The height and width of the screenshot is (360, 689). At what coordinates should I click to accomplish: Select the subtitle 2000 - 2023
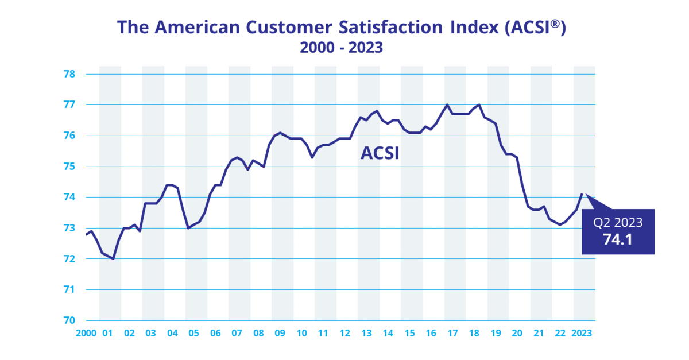coord(341,49)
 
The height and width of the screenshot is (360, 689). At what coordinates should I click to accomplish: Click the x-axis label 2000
coord(87,333)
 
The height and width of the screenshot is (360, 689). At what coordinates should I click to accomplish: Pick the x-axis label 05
coord(193,333)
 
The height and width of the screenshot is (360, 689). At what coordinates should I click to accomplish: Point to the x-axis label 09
coord(280,333)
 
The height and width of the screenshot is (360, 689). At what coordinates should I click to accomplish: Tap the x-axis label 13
coord(366,333)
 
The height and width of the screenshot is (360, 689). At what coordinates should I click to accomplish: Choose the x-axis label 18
coord(474,333)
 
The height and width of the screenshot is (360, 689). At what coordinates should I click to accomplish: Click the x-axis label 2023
coord(580,333)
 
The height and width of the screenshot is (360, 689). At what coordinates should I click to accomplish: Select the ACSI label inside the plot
coord(380,153)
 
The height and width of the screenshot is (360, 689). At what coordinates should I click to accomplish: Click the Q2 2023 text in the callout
coord(618,223)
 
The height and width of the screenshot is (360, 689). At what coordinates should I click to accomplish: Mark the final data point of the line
coord(582,194)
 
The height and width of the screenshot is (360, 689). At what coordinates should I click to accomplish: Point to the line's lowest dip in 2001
coord(113,258)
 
